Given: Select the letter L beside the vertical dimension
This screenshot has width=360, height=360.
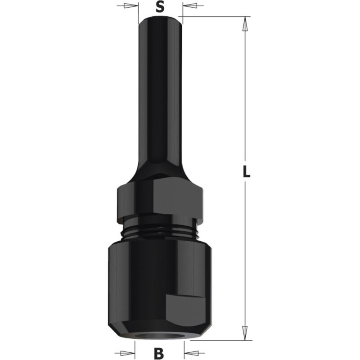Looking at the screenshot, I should point(246,172).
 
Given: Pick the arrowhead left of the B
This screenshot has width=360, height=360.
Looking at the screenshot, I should point(130,351).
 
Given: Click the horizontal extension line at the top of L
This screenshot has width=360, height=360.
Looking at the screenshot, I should point(216,17).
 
